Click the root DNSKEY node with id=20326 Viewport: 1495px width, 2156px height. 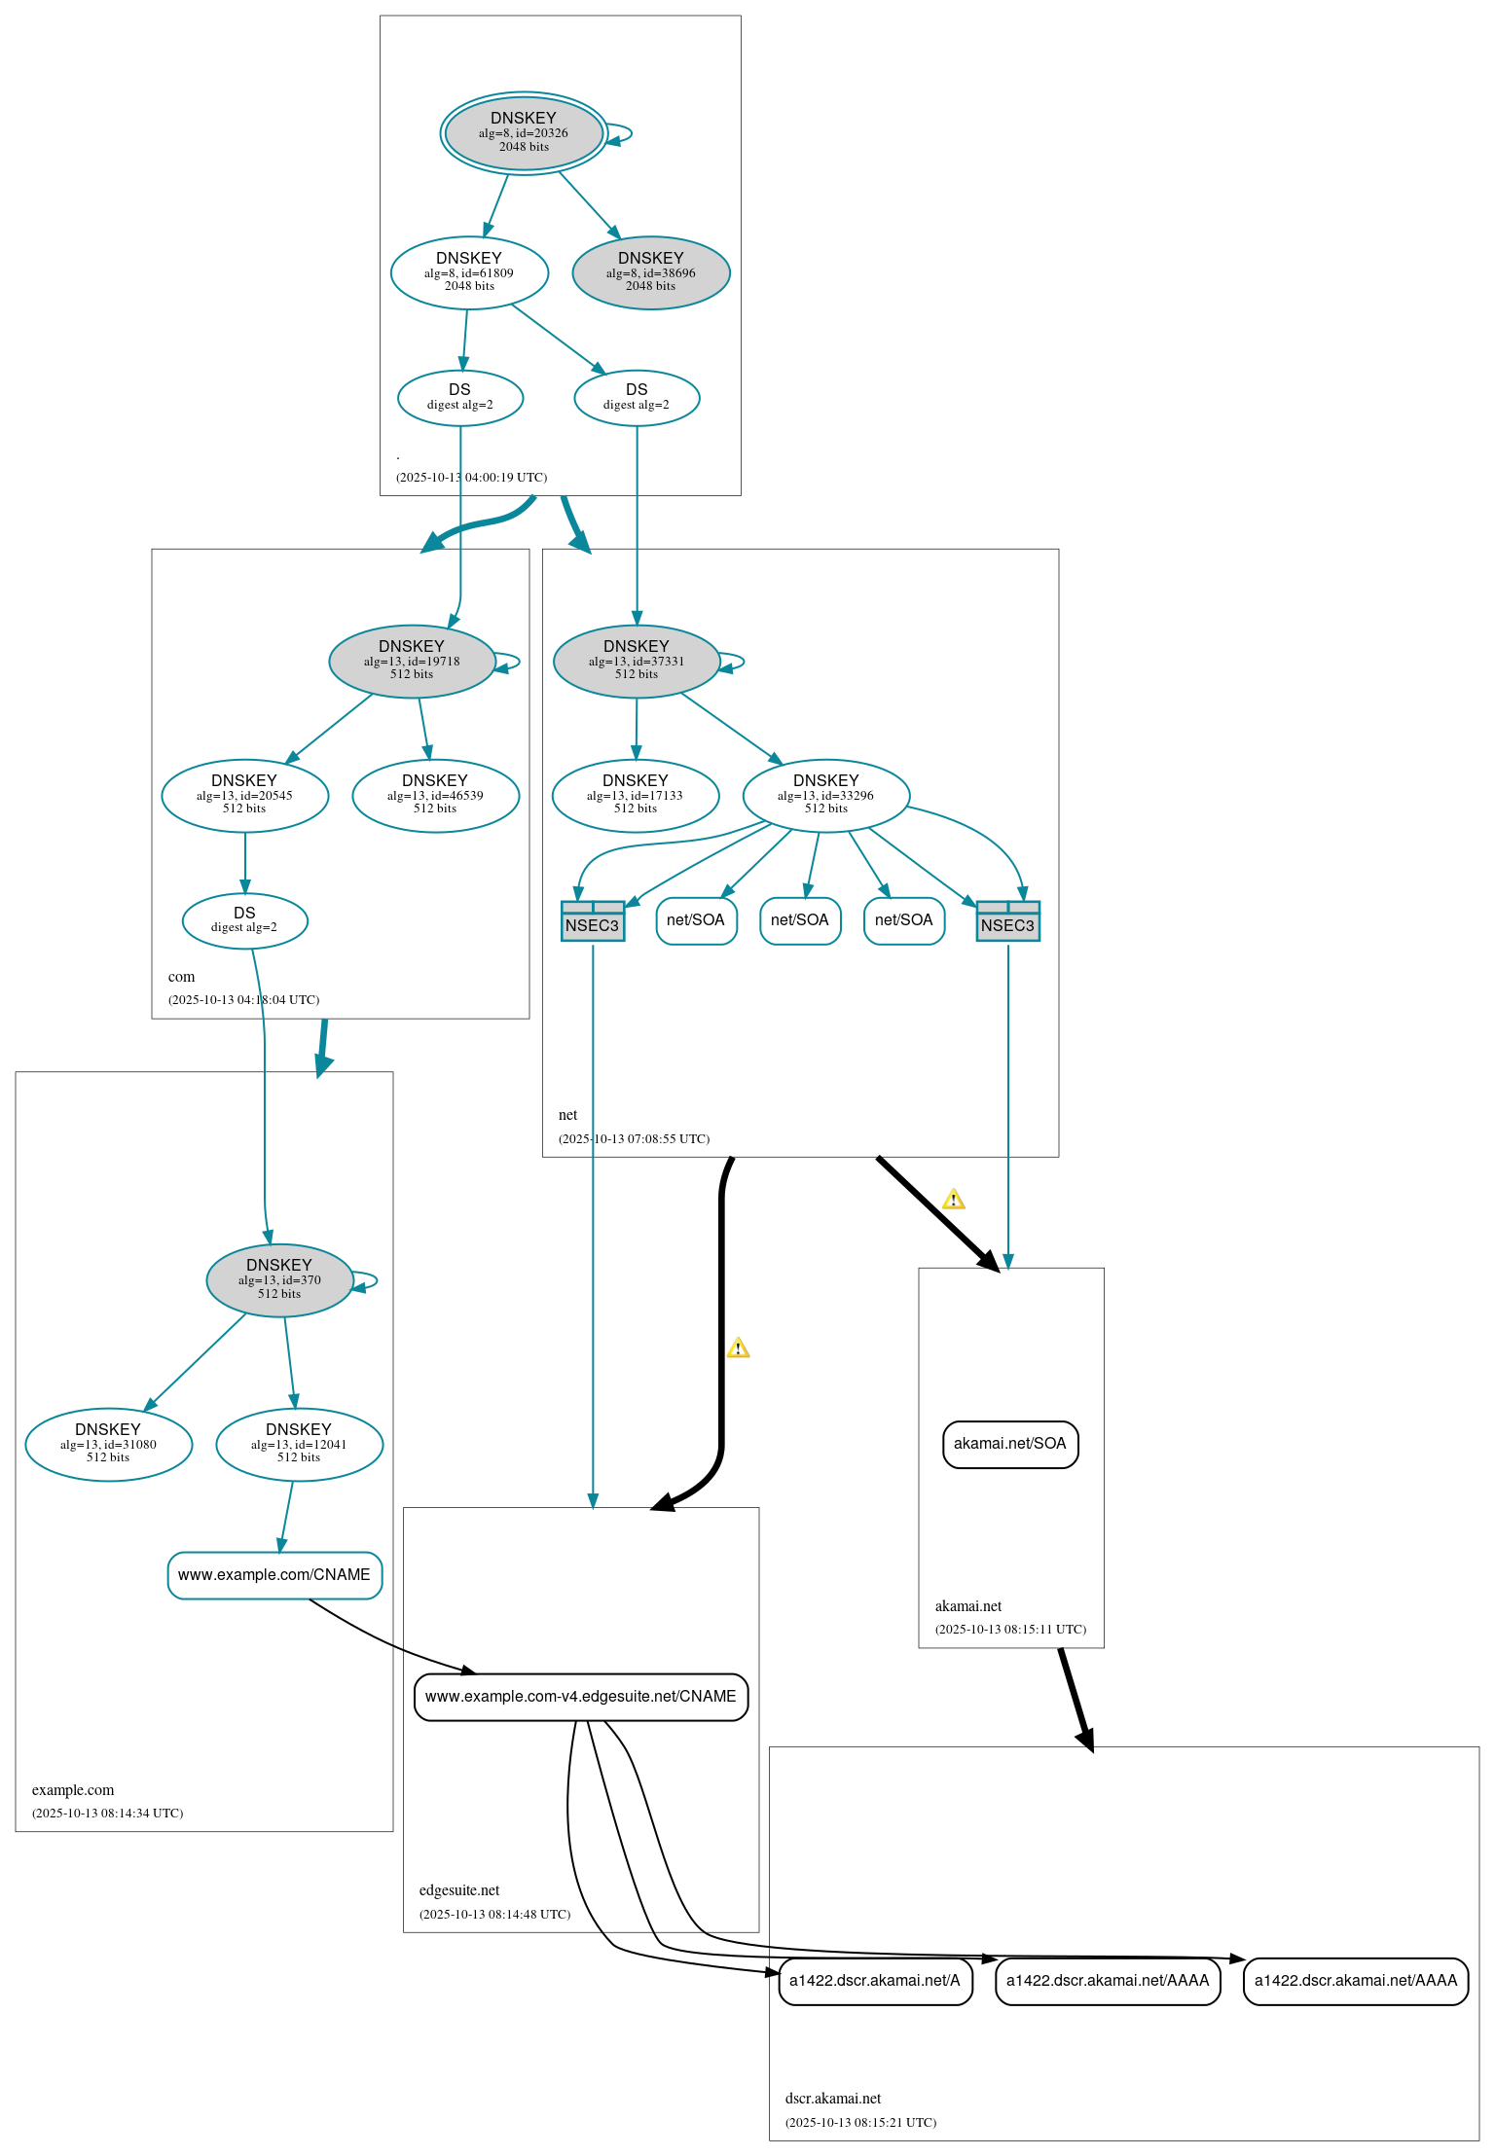pos(524,133)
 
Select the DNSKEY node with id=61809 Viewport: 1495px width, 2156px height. pos(469,272)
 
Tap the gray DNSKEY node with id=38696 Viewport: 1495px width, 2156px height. pos(650,272)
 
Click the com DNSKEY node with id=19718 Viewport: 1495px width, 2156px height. pos(412,661)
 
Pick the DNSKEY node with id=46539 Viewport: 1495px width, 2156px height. pos(435,795)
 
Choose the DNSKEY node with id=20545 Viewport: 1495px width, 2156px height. pos(244,795)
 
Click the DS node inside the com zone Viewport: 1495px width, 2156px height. pos(244,919)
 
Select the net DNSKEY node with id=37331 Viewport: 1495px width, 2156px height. pos(636,661)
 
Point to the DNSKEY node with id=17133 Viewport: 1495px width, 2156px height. pos(635,795)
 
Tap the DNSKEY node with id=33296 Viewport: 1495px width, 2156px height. pos(825,795)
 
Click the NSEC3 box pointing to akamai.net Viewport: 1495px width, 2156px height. pos(1007,920)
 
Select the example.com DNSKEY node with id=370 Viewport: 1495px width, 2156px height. pos(279,1279)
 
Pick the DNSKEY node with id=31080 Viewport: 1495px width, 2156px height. pos(108,1444)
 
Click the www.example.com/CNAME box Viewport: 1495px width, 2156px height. pos(274,1574)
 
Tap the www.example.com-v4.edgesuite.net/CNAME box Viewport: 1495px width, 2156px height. pos(580,1696)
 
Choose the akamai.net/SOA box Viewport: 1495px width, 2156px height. pos(1009,1444)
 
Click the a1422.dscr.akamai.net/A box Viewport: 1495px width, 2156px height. pos(874,1980)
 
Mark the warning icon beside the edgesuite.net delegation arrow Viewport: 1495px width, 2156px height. pos(738,1348)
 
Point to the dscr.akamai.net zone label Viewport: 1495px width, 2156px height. pos(832,2099)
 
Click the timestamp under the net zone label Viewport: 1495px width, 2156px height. pos(634,1138)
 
